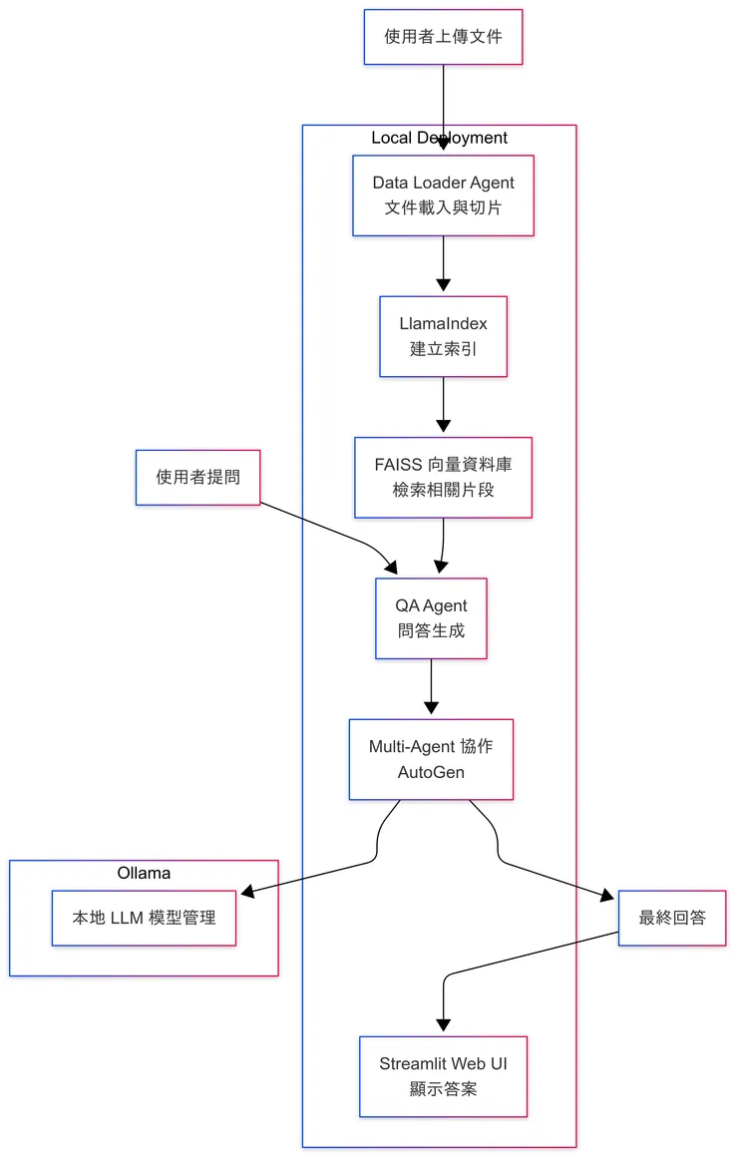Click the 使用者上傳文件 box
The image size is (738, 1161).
tap(443, 37)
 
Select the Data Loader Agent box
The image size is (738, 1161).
tap(443, 195)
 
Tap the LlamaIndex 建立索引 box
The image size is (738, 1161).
tap(443, 336)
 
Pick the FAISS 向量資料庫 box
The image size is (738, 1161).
tap(443, 477)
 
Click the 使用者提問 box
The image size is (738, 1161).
tap(197, 477)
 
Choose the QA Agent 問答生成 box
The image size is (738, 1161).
tap(431, 618)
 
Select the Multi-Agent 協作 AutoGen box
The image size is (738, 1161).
tap(431, 759)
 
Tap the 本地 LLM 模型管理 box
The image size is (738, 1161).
tap(144, 918)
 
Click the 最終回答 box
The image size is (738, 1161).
tap(671, 918)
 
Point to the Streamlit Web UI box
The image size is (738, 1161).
tap(443, 1076)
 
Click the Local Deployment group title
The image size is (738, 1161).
tap(439, 138)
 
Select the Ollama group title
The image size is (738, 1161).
tap(144, 873)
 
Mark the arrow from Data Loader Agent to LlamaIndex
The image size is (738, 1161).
tap(443, 265)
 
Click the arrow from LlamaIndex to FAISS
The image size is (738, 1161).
tap(443, 406)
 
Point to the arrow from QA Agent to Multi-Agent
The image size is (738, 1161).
tap(431, 688)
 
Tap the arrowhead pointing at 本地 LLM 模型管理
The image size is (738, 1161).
tap(246, 892)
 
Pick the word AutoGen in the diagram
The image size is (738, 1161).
tap(431, 772)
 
